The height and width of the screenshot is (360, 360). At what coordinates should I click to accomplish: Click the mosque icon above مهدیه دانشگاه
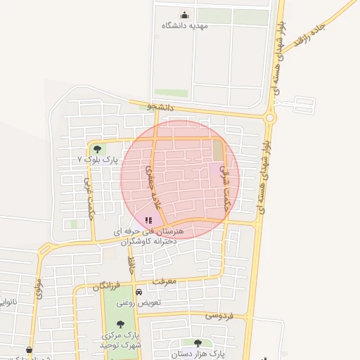[x=185, y=15]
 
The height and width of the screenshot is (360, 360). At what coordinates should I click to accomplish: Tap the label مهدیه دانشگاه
[x=186, y=26]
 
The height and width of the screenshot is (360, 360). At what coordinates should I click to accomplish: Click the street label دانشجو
[x=160, y=107]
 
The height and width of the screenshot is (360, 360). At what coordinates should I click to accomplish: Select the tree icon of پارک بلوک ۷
[x=96, y=149]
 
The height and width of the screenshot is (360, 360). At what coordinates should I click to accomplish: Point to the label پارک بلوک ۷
[x=98, y=160]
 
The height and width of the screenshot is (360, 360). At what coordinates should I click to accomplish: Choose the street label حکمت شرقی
[x=225, y=186]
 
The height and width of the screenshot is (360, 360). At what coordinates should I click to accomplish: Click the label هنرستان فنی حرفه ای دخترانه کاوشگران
[x=150, y=236]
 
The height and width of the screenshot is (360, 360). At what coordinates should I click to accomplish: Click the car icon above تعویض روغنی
[x=139, y=292]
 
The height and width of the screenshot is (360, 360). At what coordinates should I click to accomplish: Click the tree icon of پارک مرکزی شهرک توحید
[x=121, y=324]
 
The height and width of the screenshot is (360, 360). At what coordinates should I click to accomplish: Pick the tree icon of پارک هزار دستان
[x=197, y=343]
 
